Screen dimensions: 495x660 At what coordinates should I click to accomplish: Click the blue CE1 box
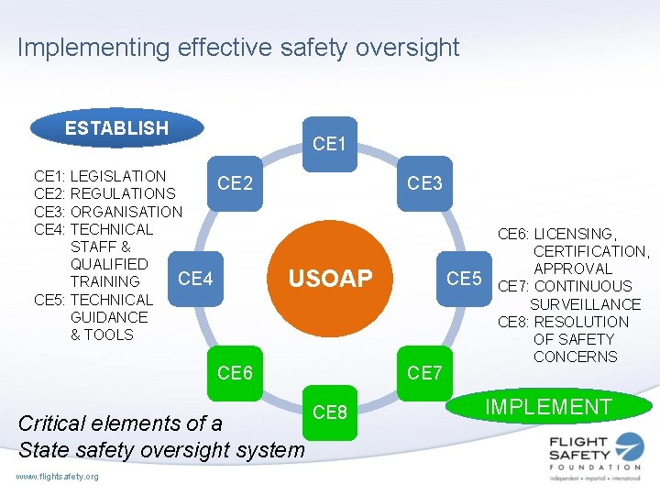click(329, 144)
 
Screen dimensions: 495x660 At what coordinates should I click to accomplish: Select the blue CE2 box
click(235, 183)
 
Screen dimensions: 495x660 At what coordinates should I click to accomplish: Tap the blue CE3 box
click(424, 183)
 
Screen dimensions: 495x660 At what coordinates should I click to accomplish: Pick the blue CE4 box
click(195, 278)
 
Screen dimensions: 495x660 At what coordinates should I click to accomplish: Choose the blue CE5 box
click(464, 278)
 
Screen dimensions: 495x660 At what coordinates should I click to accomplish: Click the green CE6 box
click(235, 372)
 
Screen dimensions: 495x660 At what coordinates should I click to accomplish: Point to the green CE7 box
click(424, 372)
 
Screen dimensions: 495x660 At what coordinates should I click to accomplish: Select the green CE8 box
click(329, 412)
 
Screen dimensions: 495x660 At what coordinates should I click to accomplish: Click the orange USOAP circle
click(330, 278)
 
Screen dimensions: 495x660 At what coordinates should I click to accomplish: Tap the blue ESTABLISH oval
click(116, 128)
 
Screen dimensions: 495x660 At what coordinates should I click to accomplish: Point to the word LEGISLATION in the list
click(118, 176)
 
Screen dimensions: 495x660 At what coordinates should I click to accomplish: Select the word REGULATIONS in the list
click(123, 193)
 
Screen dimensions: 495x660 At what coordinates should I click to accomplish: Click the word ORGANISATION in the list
click(126, 212)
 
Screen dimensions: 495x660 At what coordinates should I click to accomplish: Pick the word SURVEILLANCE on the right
click(585, 304)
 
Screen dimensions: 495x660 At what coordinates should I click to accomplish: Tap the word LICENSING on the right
click(574, 234)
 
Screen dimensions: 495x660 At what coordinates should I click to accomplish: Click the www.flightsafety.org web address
click(57, 476)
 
